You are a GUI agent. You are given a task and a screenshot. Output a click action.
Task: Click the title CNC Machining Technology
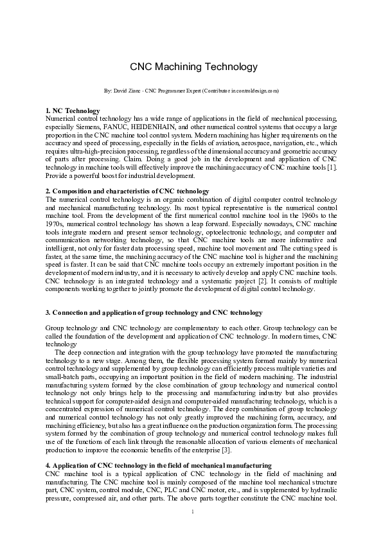193,66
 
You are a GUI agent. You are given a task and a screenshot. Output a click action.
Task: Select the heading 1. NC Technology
73,111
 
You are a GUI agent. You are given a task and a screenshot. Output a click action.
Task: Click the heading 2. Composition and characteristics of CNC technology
127,191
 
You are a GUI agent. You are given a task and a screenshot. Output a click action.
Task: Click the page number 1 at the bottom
193,512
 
